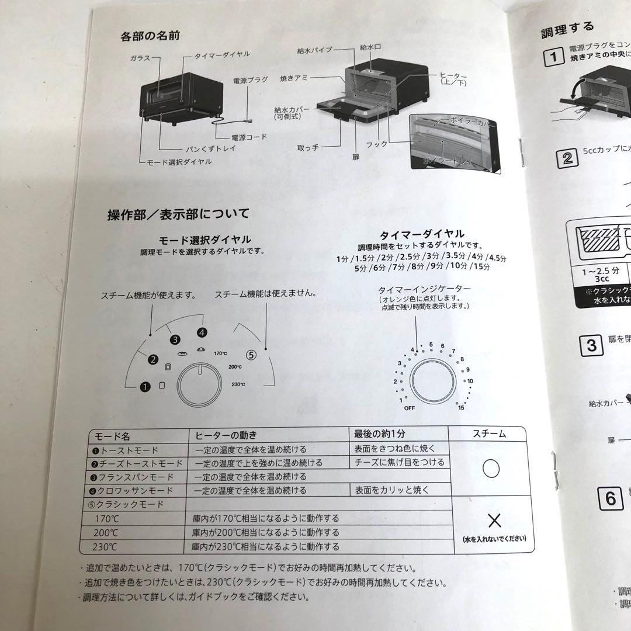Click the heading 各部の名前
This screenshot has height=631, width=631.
pyautogui.click(x=150, y=36)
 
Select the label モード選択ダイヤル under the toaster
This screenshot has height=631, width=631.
pyautogui.click(x=180, y=162)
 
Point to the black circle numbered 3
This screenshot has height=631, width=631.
pyautogui.click(x=174, y=338)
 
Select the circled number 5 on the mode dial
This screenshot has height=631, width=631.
pyautogui.click(x=251, y=354)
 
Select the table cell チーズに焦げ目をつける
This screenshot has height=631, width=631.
pyautogui.click(x=399, y=462)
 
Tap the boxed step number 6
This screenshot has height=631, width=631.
pyautogui.click(x=611, y=498)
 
